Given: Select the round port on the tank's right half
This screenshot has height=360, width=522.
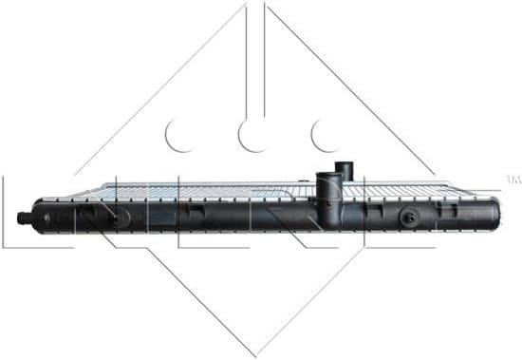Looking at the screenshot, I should tap(409, 218).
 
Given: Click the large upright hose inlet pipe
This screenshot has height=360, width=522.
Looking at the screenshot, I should tap(328, 199).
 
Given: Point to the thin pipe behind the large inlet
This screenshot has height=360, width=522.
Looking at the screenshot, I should tap(345, 171).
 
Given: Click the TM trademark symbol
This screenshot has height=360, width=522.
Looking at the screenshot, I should tap(513, 179).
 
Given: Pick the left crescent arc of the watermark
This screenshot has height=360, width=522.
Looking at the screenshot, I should tap(177, 136).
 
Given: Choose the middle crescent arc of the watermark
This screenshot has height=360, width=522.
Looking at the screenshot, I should tap(252, 136).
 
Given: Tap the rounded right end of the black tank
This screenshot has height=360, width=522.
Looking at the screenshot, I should tap(494, 216).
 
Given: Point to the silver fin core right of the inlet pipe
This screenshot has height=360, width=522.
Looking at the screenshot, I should tap(418, 190).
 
